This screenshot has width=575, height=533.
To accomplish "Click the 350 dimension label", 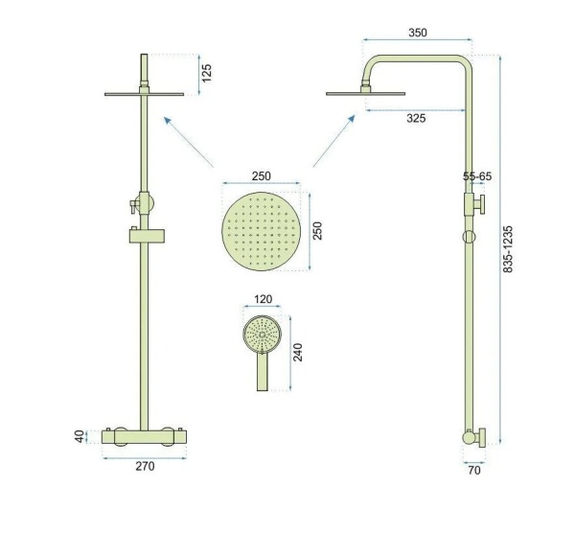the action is click(x=418, y=33).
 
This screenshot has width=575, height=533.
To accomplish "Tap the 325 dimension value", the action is click(x=416, y=118).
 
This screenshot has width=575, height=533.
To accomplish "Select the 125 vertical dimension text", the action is click(x=207, y=74).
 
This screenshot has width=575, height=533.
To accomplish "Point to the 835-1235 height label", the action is click(x=508, y=249).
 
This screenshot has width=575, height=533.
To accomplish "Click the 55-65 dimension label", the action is click(x=477, y=176).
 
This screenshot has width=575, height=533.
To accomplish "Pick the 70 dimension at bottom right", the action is click(x=474, y=471).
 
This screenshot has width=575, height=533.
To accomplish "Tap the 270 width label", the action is click(x=146, y=466).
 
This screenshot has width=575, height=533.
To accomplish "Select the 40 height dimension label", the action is click(x=80, y=436).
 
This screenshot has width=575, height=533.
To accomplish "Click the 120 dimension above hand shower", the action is click(x=263, y=299).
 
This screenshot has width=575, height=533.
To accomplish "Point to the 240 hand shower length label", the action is click(x=298, y=352).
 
